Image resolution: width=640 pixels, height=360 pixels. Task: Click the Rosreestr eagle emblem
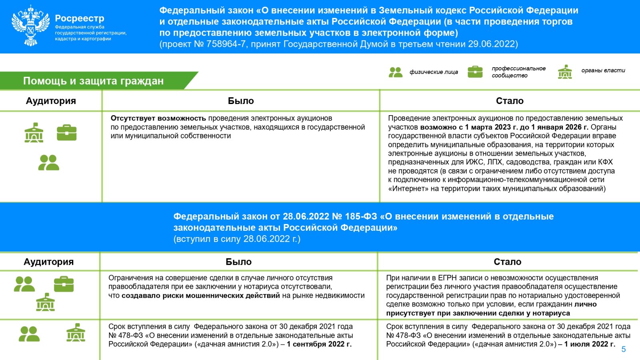[x=31, y=26]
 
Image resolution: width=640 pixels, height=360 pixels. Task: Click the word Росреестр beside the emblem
[x=80, y=18]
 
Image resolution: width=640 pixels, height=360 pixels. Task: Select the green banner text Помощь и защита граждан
[x=93, y=81]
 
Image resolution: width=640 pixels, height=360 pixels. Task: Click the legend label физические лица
[x=434, y=72]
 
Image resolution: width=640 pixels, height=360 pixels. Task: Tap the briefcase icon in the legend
[x=475, y=72]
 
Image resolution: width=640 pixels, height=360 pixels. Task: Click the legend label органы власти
[x=603, y=70]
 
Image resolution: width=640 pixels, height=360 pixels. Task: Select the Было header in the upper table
[x=241, y=101]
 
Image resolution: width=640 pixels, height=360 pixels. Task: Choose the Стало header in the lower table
[x=507, y=262]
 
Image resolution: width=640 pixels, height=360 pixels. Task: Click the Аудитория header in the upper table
[x=51, y=101]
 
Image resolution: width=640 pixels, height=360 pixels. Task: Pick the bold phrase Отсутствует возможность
[x=158, y=118]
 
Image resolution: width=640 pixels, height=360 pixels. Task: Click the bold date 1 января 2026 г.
[x=560, y=127]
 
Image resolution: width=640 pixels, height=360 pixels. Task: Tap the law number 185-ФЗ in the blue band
[x=361, y=216]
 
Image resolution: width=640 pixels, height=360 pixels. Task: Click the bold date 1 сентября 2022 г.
[x=319, y=344]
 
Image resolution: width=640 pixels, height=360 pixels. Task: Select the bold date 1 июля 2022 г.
[x=590, y=344]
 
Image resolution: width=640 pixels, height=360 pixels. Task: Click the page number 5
[x=623, y=349]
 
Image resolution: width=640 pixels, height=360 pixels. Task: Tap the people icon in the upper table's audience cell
[x=49, y=163]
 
